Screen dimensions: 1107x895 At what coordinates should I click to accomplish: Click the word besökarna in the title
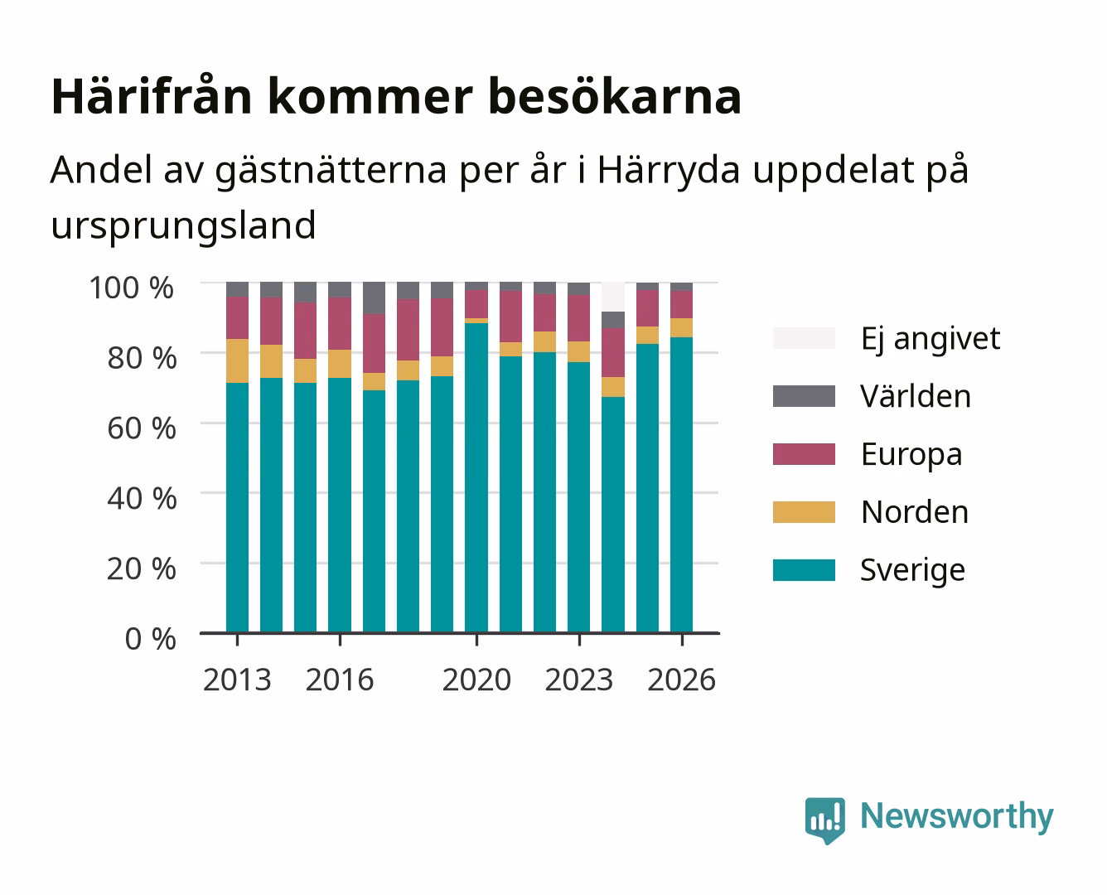coord(615,96)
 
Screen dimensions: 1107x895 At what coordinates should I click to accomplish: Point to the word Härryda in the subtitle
coord(669,169)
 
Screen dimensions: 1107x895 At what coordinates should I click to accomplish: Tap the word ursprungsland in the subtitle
coord(183,225)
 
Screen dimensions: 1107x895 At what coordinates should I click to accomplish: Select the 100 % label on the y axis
coord(132,288)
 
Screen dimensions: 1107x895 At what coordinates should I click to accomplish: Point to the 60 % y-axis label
coord(142,428)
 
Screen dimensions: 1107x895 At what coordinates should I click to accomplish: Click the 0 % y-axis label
coord(150,638)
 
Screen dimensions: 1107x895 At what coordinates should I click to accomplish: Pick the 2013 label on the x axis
coord(237,680)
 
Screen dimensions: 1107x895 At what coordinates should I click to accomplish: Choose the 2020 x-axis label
coord(476,680)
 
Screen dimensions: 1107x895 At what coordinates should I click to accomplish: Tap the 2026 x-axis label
coord(681,680)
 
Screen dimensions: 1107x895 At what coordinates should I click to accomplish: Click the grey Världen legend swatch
coord(804,396)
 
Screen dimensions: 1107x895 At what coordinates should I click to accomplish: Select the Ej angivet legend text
coord(931,339)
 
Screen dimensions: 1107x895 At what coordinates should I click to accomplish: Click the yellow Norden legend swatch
coord(804,512)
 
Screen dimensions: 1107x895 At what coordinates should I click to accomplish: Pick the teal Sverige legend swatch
coord(804,569)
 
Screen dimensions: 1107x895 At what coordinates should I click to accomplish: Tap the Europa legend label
coord(911,455)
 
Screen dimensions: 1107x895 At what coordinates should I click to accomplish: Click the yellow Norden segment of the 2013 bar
coord(237,360)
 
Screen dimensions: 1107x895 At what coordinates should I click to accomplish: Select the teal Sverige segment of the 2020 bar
coord(476,477)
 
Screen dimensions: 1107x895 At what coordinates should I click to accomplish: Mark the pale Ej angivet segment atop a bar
coord(613,297)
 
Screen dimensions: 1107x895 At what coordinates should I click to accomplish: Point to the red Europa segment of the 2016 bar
coord(340,323)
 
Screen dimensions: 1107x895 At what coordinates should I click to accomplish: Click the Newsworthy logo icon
coord(824,820)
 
